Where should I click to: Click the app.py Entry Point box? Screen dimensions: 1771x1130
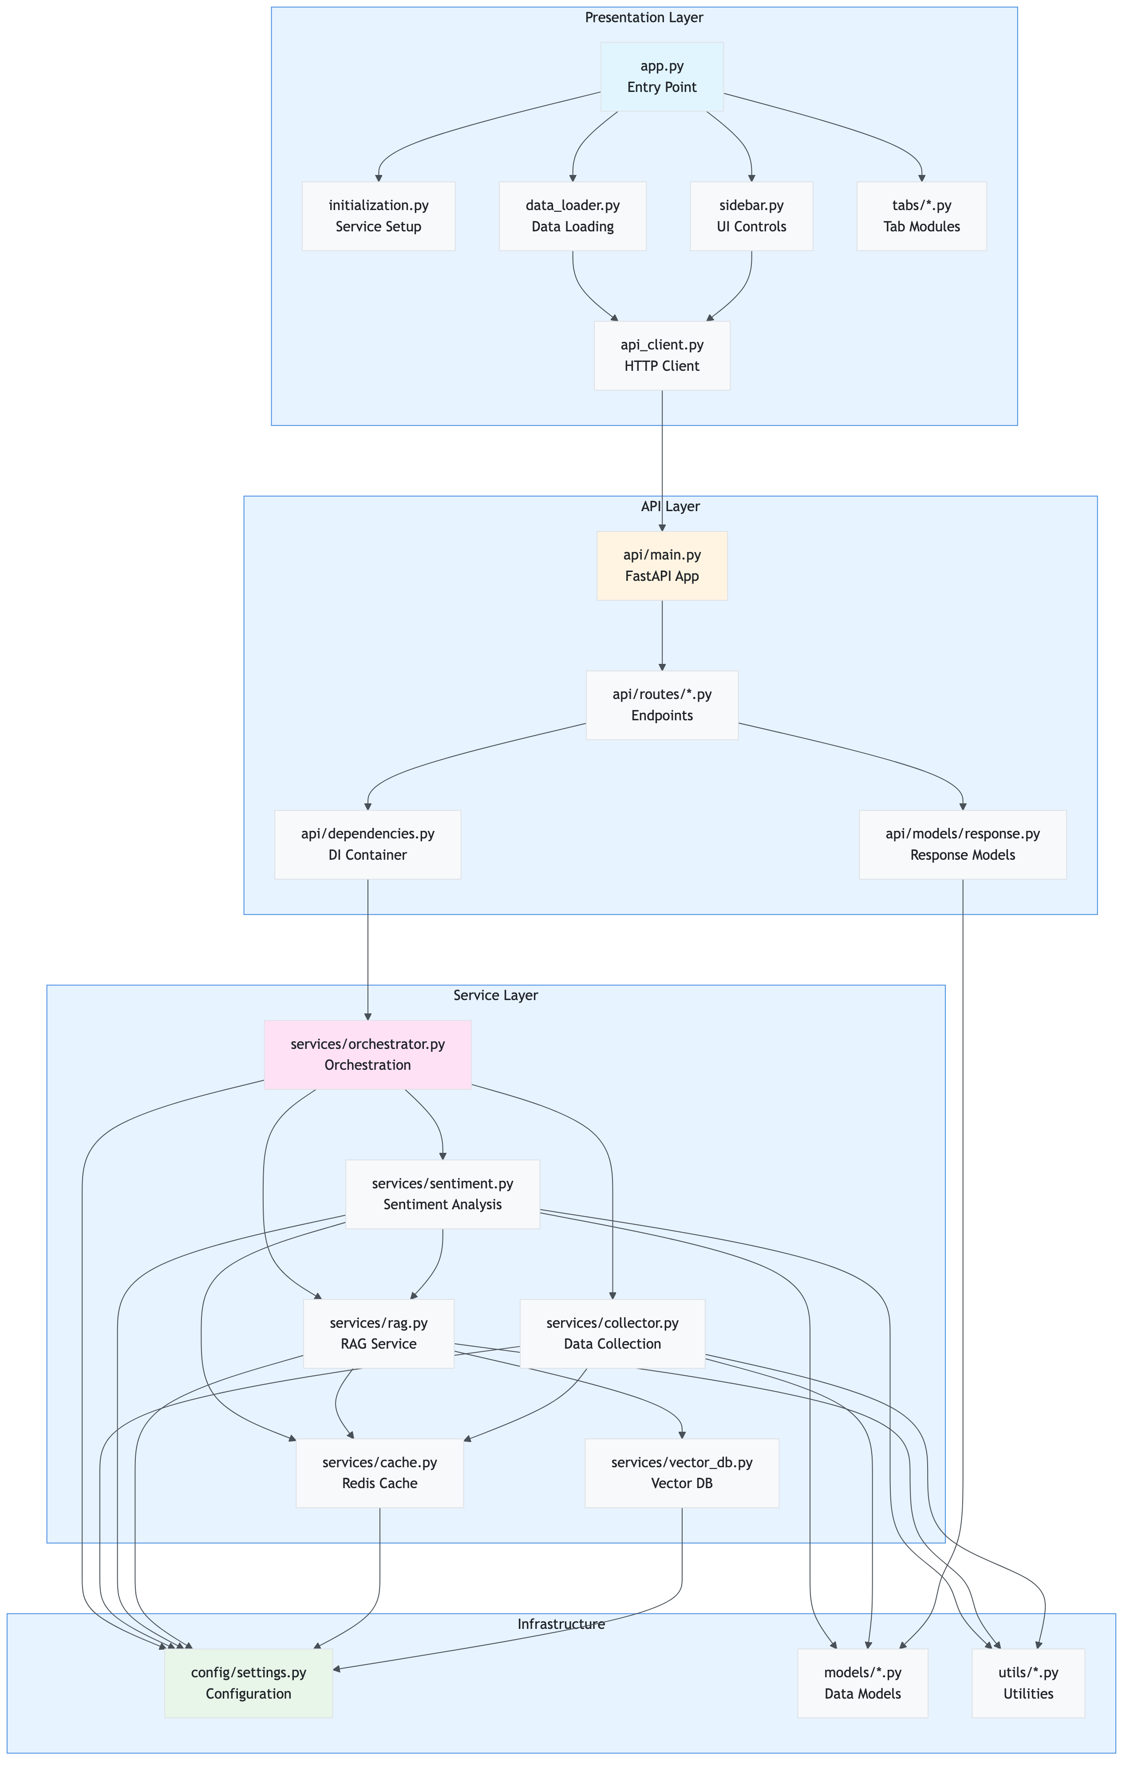[x=662, y=76]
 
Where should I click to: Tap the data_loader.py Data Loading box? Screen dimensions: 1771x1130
[x=572, y=216]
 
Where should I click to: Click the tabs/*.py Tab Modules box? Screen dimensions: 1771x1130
[x=921, y=216]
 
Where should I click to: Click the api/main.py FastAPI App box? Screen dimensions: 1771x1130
[x=662, y=566]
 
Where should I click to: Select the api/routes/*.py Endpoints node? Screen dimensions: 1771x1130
[x=662, y=705]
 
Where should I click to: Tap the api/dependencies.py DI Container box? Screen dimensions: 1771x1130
[x=367, y=844]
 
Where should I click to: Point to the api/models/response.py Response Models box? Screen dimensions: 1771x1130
[x=962, y=844]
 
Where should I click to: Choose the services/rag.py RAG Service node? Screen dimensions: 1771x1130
[x=379, y=1334]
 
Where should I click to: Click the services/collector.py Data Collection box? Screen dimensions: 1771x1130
[x=612, y=1334]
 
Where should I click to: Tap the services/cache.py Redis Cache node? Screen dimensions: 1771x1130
[x=379, y=1473]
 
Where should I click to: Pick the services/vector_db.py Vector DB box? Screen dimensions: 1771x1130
[x=682, y=1473]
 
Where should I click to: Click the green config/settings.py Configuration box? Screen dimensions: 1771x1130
[x=249, y=1683]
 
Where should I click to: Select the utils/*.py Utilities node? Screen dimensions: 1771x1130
[x=1028, y=1683]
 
